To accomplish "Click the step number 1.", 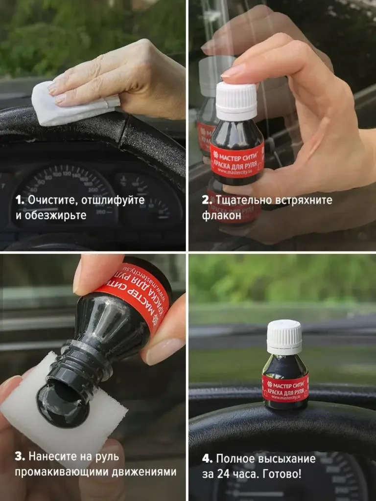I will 19,200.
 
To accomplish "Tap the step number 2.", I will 207,200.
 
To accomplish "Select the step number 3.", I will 20,456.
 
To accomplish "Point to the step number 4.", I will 207,459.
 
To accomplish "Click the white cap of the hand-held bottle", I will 236,101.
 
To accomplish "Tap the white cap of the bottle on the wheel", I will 284,337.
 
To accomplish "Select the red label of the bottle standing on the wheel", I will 285,387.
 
